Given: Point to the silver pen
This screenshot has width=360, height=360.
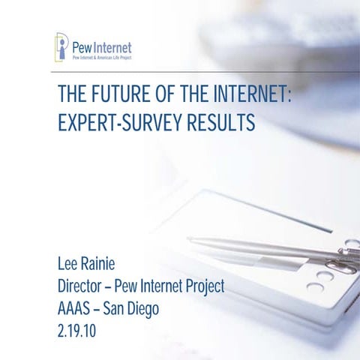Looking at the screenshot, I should [x=270, y=248].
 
